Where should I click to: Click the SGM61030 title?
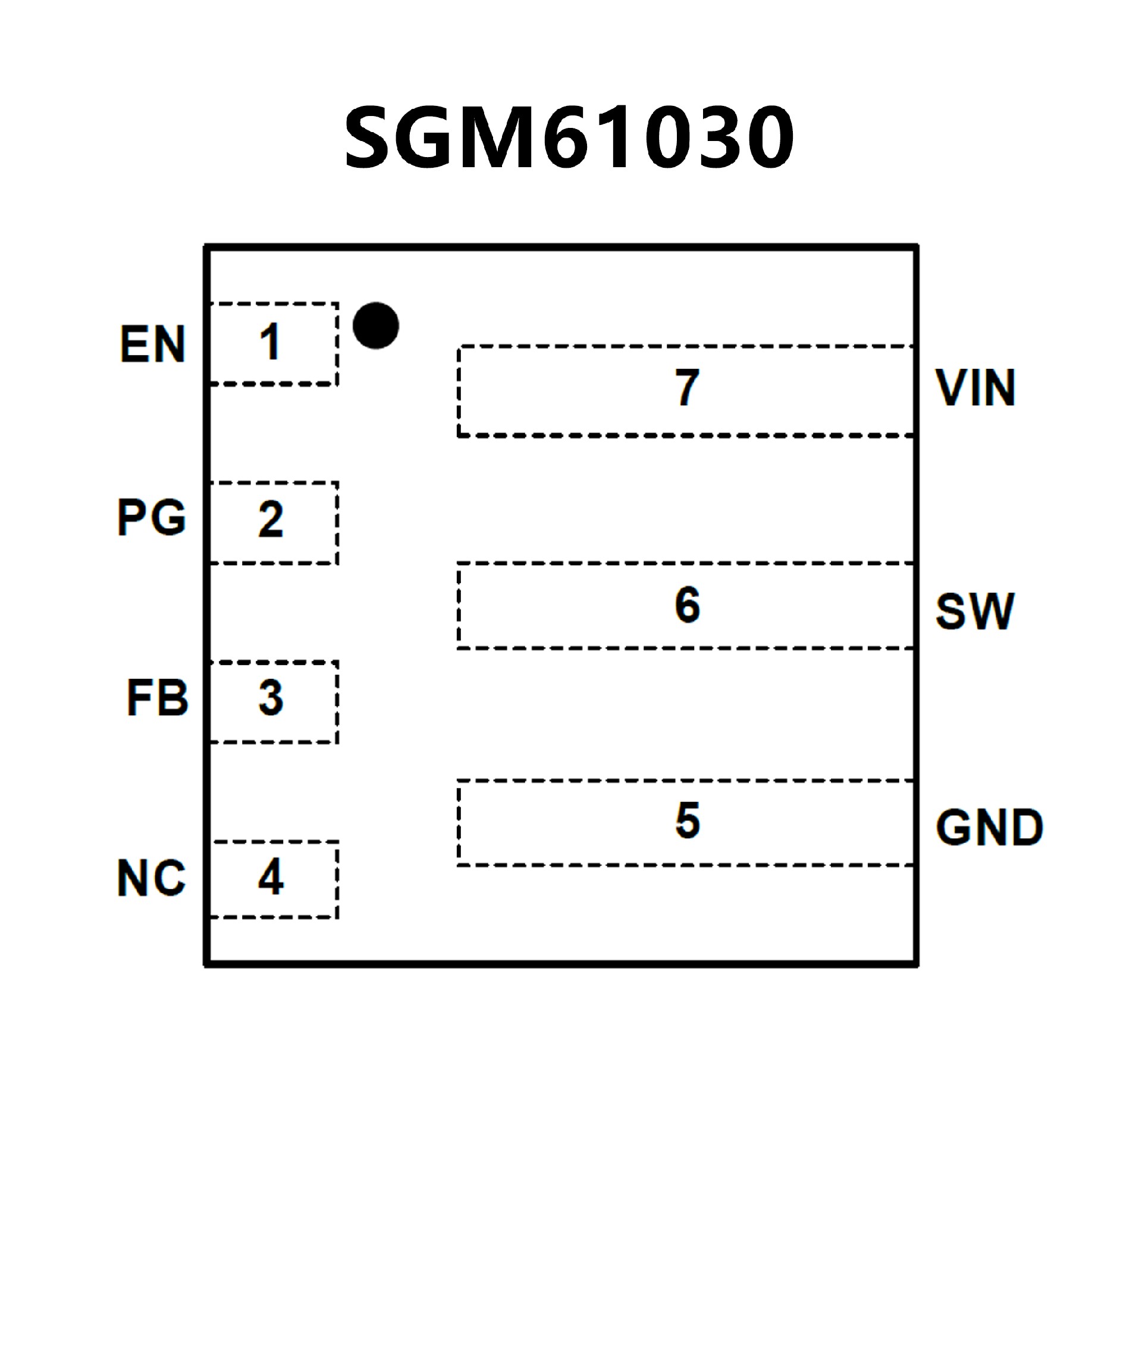[569, 137]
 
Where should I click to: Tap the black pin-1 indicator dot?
[376, 325]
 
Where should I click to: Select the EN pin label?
[153, 344]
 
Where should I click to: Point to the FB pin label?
[158, 698]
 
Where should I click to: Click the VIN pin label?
[975, 388]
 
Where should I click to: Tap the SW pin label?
[975, 612]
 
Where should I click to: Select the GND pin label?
[990, 828]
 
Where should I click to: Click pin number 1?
[270, 342]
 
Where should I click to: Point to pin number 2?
[271, 519]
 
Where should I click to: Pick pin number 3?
[271, 698]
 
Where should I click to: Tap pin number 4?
[271, 877]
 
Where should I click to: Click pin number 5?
[687, 820]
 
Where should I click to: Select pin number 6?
[687, 604]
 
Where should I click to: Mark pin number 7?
[687, 387]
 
